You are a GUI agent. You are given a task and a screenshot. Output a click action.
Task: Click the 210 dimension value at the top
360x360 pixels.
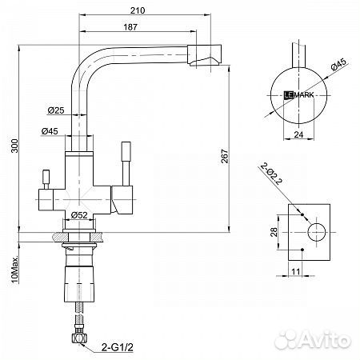tap(138, 10)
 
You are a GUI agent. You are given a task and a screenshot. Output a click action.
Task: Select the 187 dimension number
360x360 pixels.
tap(130, 27)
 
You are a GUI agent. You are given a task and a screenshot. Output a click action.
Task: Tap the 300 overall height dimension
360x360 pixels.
tap(14, 146)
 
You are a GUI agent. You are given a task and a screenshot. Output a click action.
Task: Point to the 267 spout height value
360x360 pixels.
tap(225, 156)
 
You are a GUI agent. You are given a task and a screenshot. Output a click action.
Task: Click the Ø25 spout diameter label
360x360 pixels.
tap(56, 110)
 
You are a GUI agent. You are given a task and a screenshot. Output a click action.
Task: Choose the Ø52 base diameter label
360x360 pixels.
tap(79, 215)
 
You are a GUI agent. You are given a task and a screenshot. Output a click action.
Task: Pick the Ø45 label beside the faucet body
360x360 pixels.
tap(50, 131)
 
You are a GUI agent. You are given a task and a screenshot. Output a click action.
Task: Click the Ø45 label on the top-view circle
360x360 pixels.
tap(338, 64)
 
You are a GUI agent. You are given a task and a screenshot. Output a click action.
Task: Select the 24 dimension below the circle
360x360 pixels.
tap(298, 134)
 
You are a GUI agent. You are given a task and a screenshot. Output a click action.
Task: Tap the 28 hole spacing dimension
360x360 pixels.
tap(274, 232)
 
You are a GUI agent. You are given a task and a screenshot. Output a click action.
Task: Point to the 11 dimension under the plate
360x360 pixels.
tap(296, 272)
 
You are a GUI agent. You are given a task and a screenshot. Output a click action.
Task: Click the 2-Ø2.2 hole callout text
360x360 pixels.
tap(271, 174)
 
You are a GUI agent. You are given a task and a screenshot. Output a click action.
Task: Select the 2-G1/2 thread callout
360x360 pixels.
tap(118, 347)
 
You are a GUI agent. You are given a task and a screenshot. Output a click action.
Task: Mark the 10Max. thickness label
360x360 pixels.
tap(15, 269)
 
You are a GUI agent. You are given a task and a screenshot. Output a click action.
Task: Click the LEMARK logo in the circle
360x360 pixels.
tap(298, 94)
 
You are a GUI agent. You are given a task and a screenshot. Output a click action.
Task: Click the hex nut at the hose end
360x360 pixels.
tap(79, 338)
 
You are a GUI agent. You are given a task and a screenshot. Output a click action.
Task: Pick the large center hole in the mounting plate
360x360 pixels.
tap(317, 232)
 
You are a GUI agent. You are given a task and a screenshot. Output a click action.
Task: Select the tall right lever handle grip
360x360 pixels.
tap(126, 151)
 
